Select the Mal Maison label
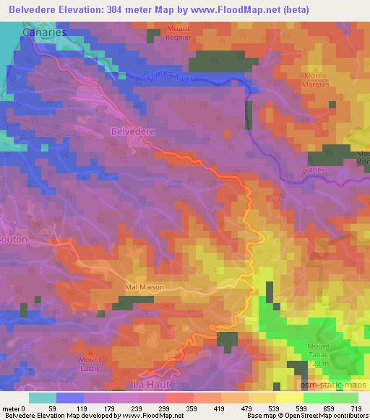point(144,286)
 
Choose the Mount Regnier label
point(177,34)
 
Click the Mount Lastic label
point(90,364)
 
